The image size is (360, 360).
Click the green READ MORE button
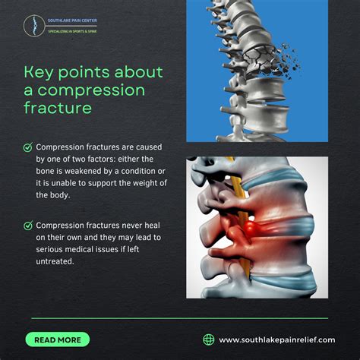(57, 339)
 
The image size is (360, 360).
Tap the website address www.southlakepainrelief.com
(276, 339)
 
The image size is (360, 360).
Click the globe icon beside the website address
(209, 339)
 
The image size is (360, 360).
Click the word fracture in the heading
(58, 108)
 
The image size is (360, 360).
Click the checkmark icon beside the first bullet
(28, 147)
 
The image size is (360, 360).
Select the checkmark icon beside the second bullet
(28, 226)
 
